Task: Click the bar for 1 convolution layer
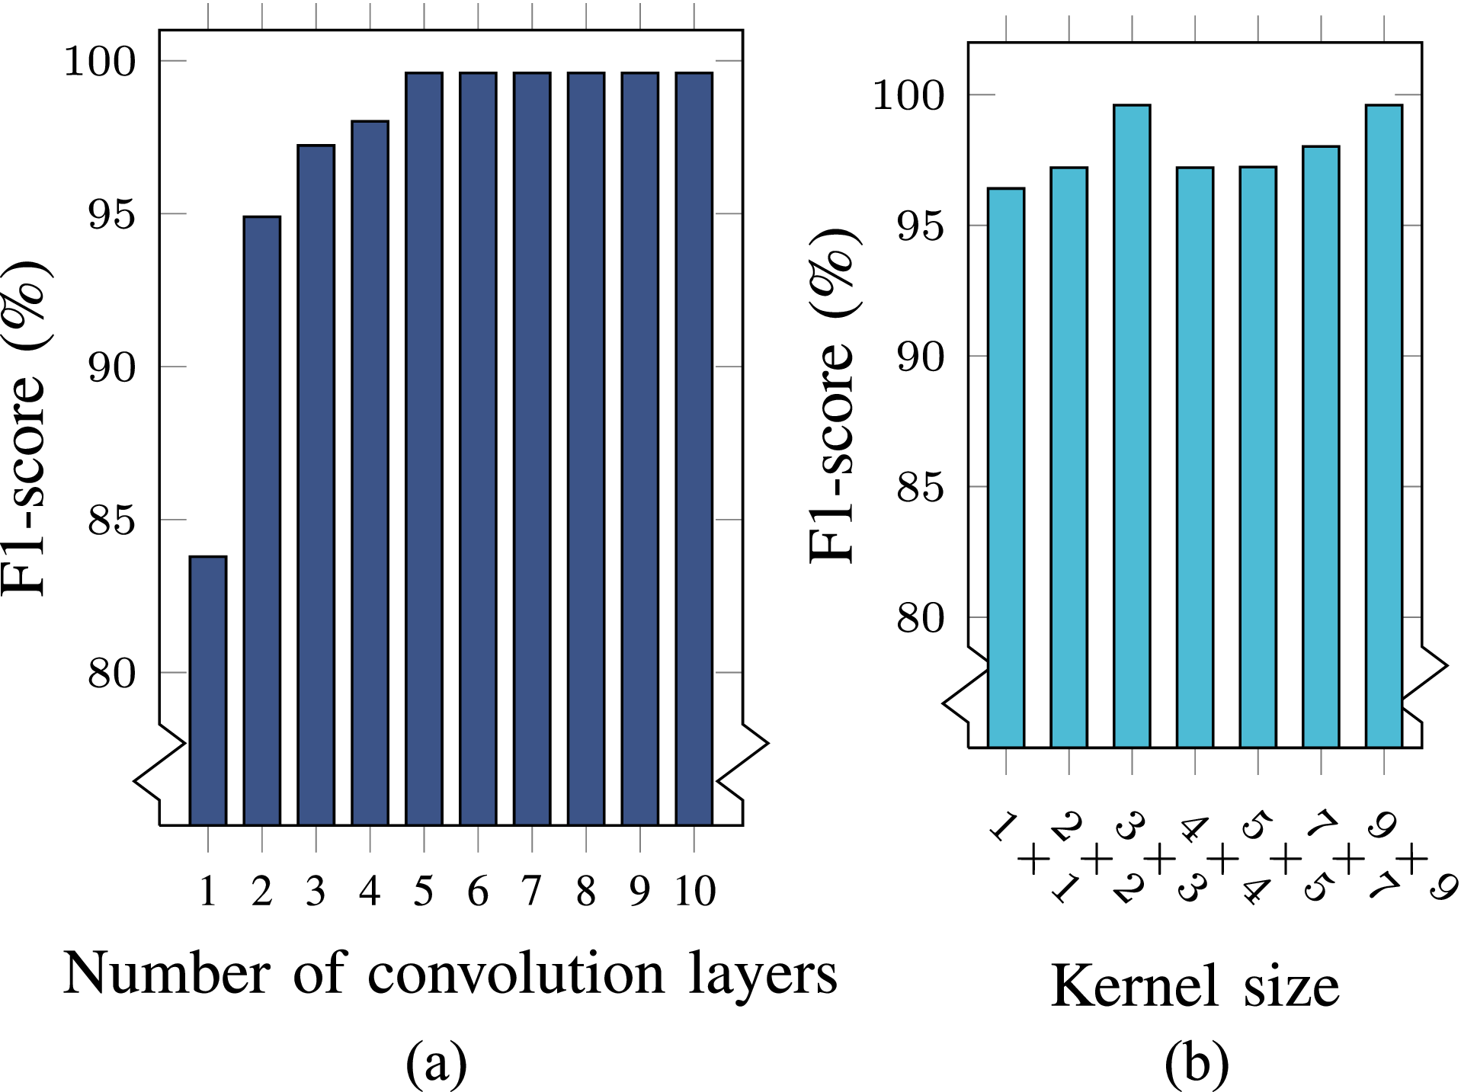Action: tap(208, 690)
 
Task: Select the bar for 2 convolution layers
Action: tap(262, 520)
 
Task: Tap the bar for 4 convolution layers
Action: tap(370, 472)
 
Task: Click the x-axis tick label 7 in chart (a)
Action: tap(532, 890)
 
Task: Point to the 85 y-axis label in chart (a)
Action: tap(111, 521)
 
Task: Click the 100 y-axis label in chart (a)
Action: tap(99, 62)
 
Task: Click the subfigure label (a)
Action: tap(436, 1063)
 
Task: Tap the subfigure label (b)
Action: tap(1197, 1063)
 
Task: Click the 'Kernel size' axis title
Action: tap(1194, 987)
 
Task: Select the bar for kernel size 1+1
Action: tap(1006, 467)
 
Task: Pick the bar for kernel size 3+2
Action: tap(1132, 426)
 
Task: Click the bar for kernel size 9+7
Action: tap(1383, 426)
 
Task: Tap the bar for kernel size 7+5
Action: tap(1321, 447)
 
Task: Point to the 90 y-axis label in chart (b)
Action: tap(921, 357)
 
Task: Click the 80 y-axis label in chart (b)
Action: tap(921, 618)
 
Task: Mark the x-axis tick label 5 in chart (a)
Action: tap(424, 890)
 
